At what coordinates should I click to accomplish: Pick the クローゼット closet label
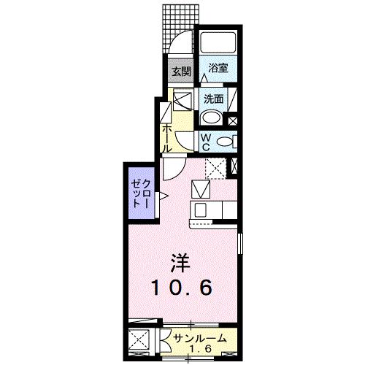click(141, 194)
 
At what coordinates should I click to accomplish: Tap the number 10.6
click(182, 288)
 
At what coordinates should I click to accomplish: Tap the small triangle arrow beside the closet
click(164, 195)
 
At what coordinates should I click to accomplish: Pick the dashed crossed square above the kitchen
click(215, 168)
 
